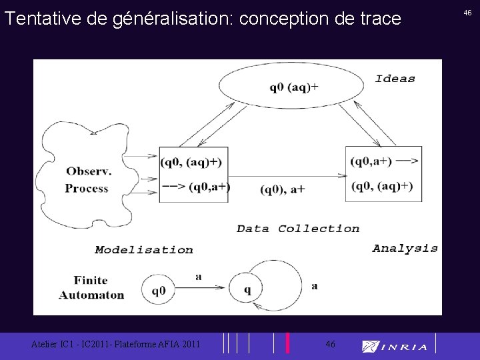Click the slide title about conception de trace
tap(203, 18)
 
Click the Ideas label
tap(395, 79)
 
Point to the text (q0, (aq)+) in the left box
tap(191, 162)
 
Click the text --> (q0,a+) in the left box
tap(195, 187)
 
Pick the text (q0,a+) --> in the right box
tap(385, 161)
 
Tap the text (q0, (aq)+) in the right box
tap(382, 185)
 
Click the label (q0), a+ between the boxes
tap(283, 189)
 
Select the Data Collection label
tap(298, 229)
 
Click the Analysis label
tap(405, 248)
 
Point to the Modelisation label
tap(143, 250)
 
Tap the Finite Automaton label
tap(91, 287)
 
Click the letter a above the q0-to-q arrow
tap(199, 276)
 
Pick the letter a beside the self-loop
tap(314, 286)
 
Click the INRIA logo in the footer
tap(395, 346)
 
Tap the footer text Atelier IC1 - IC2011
tap(115, 344)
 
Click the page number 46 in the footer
tap(330, 344)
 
